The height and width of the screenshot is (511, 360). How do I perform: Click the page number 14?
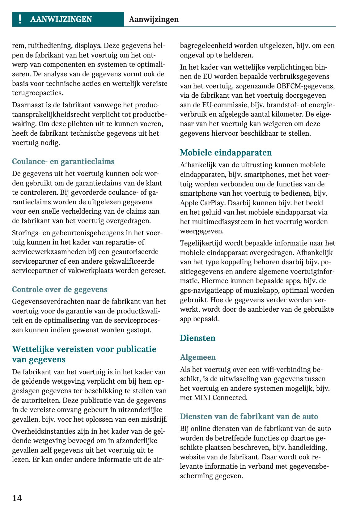pos(17,498)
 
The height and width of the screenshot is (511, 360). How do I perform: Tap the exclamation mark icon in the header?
pos(20,19)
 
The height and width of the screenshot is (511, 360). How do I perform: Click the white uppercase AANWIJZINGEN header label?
pos(61,19)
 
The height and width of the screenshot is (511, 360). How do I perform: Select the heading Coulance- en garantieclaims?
pos(63,161)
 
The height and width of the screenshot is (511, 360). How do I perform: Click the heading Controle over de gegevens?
pos(60,289)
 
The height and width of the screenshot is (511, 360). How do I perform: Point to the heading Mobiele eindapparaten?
pos(226,152)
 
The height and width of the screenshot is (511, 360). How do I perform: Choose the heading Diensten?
pos(197,338)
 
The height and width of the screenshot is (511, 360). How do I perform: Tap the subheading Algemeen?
pos(198,357)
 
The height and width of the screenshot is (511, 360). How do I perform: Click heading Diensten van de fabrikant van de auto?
pos(249,416)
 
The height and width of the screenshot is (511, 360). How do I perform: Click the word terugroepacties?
pos(37,93)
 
